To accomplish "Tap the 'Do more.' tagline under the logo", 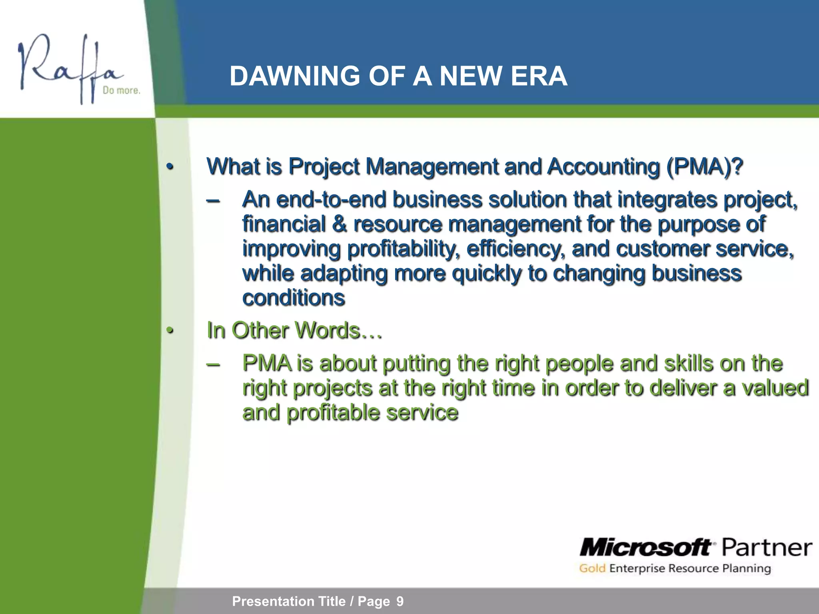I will click(x=122, y=91).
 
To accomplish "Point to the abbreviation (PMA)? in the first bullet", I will click(x=704, y=166).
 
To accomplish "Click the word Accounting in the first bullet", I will click(x=603, y=166).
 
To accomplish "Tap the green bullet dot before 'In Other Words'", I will click(x=170, y=331).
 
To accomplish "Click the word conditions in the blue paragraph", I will click(x=294, y=298).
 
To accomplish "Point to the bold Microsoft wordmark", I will click(x=645, y=547).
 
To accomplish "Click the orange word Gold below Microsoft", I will click(x=592, y=568).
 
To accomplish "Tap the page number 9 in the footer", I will click(x=400, y=601).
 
